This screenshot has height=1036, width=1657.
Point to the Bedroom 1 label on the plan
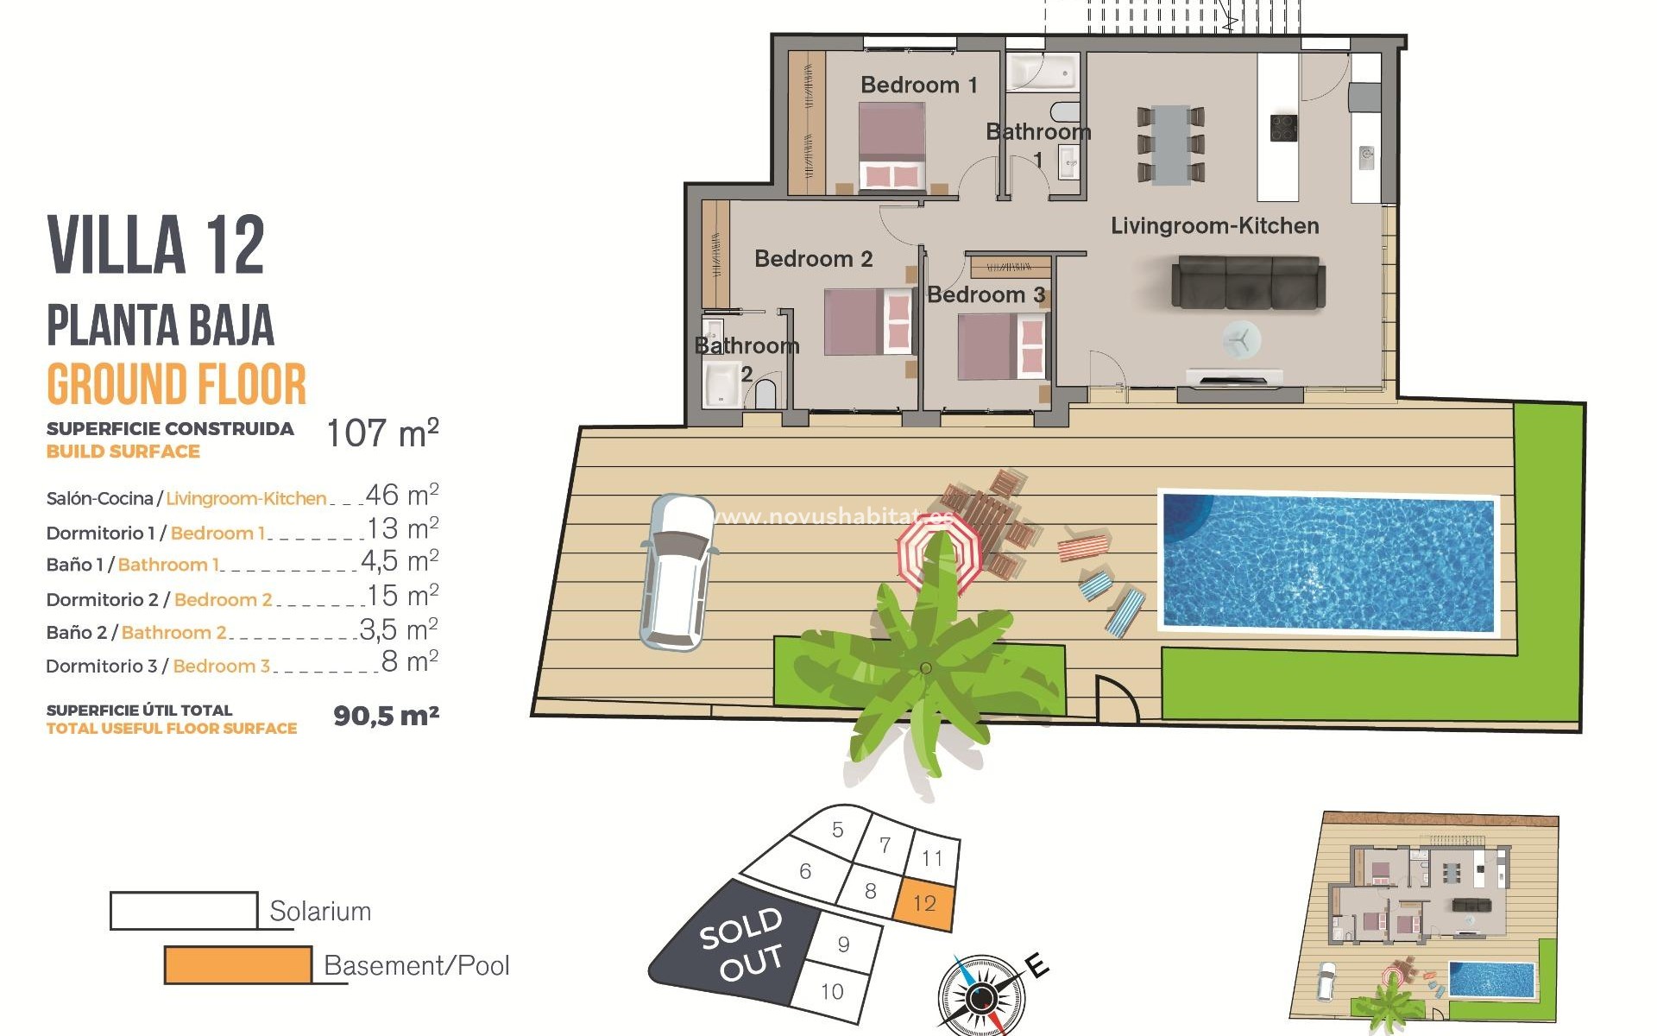(918, 85)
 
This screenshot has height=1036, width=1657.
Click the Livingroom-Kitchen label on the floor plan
(1214, 226)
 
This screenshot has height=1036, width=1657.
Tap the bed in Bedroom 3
(1001, 346)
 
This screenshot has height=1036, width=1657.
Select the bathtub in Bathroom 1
(1043, 72)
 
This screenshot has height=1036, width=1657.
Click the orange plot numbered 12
(925, 903)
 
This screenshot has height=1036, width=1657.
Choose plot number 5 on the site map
(837, 830)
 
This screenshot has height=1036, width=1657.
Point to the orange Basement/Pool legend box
(238, 965)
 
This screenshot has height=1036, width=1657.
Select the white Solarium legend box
(184, 911)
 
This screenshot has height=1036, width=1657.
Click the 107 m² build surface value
(382, 433)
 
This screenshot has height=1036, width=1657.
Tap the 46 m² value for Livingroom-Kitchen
(401, 495)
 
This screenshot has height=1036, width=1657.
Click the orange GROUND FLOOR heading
(177, 385)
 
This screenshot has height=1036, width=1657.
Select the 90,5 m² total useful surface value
(386, 716)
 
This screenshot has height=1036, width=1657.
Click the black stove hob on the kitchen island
(1284, 128)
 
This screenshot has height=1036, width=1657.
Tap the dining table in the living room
(1170, 144)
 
